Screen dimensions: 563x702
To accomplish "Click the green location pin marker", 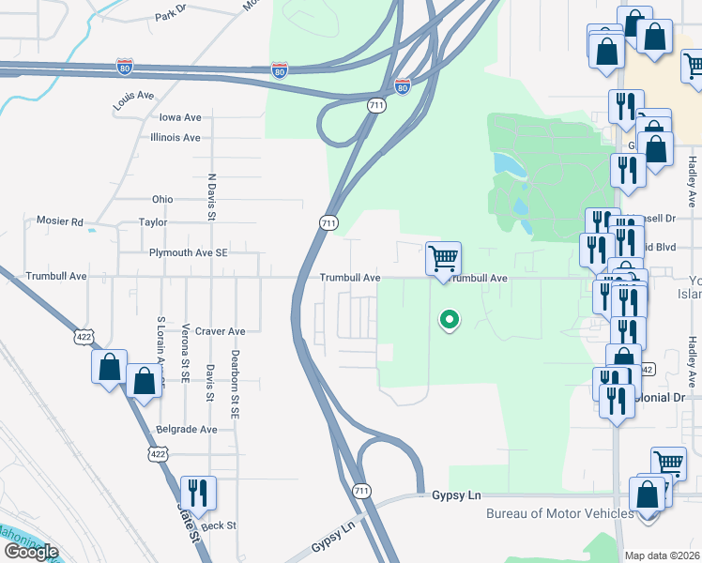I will coord(450,320).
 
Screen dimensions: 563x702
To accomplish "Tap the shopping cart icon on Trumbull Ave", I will coord(443,257).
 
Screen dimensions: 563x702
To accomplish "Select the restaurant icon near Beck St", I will coord(198,492).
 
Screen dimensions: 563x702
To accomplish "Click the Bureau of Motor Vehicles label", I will coord(559,513).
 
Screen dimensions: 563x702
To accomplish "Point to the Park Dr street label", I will coord(173,15).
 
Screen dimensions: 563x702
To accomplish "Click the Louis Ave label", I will coord(133,100).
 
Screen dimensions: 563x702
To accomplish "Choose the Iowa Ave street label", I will coord(180,117).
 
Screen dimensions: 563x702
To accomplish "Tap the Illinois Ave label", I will coord(175,137).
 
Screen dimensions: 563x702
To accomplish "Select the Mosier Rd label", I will coord(59,222).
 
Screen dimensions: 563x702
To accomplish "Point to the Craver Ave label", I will coord(222,331).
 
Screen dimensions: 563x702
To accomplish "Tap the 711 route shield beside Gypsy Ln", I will coord(362,491).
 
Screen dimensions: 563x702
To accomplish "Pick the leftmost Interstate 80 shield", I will coord(125,67).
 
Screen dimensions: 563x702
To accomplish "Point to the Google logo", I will coord(32,551).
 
